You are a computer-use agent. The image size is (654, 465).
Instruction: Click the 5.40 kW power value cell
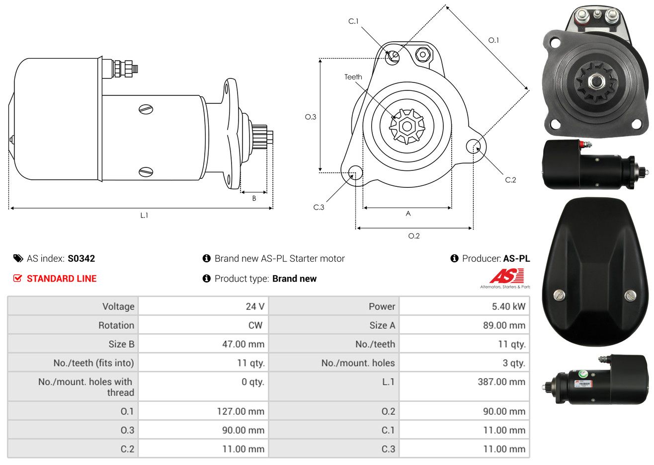click(508, 306)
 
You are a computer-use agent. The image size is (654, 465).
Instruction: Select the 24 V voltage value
click(255, 306)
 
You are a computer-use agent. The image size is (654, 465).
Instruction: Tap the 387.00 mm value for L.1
click(501, 382)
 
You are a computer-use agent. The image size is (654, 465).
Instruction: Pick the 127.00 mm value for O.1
click(241, 411)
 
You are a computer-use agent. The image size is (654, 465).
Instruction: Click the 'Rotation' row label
click(116, 325)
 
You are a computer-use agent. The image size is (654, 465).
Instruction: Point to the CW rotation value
click(255, 325)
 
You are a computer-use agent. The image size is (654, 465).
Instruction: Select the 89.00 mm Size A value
click(504, 325)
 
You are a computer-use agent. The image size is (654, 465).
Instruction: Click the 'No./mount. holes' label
click(358, 363)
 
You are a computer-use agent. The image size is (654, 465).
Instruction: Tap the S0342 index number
click(81, 258)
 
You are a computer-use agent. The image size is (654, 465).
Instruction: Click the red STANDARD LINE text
click(62, 279)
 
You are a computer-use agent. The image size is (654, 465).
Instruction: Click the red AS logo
click(506, 276)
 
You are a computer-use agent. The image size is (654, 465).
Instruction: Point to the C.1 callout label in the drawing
click(353, 21)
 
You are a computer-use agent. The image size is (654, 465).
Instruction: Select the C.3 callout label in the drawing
click(319, 207)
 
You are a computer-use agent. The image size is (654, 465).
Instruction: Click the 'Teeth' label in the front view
click(353, 77)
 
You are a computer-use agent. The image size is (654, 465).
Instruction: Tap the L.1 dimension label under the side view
click(144, 216)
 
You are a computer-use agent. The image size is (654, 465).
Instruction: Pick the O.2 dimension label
click(413, 236)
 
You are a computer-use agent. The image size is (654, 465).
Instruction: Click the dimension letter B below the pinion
click(254, 199)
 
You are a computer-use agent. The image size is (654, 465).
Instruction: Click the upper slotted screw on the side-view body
click(146, 109)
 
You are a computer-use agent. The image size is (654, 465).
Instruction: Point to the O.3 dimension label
click(311, 117)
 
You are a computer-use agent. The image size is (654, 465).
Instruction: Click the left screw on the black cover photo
click(559, 295)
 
